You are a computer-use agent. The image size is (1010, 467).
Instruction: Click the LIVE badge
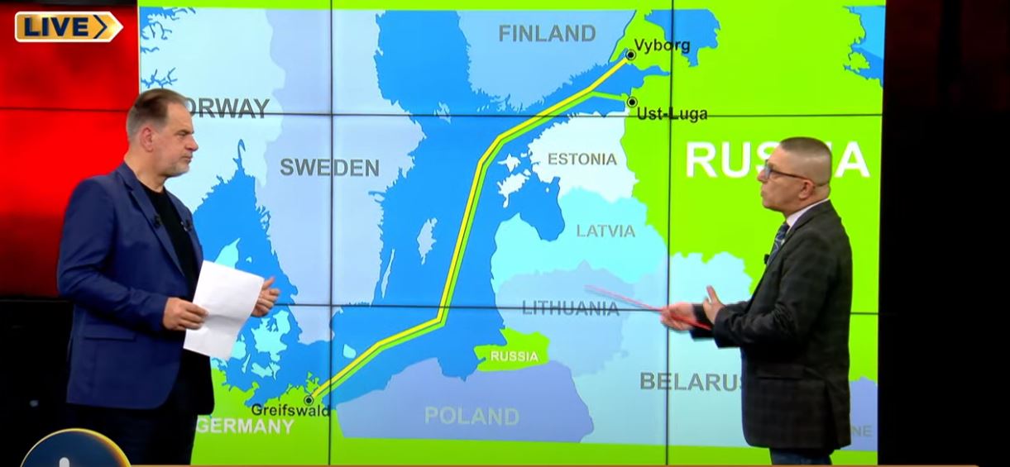click(68, 26)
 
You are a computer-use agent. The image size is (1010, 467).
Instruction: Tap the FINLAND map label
click(547, 34)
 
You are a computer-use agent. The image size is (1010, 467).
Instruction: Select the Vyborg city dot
click(630, 55)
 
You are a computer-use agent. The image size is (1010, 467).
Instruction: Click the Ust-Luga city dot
click(632, 102)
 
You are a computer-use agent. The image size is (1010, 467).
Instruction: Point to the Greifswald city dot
click(309, 400)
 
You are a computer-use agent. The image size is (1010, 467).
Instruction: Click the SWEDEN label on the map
click(329, 168)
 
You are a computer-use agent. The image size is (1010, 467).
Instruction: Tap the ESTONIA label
click(582, 159)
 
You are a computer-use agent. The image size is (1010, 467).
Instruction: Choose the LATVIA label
click(606, 231)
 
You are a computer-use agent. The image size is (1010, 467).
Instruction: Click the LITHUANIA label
click(570, 308)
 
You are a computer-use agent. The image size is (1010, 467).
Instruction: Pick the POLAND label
click(471, 416)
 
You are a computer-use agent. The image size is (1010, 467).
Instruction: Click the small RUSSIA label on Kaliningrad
click(515, 357)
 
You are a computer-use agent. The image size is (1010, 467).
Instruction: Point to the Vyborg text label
click(662, 45)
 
